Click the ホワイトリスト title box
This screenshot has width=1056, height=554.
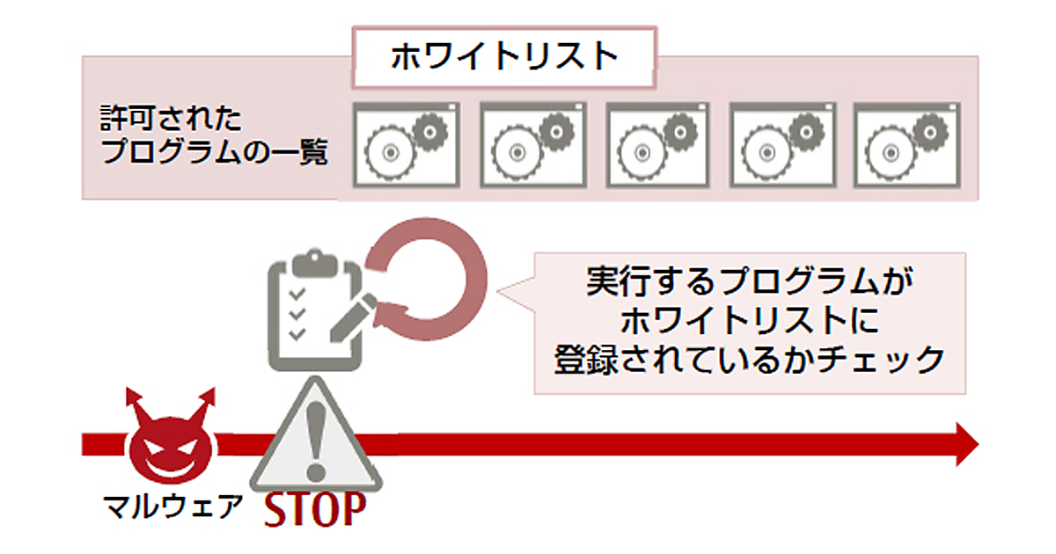click(504, 57)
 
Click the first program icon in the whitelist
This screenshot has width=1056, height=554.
click(406, 144)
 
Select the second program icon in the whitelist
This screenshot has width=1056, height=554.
click(532, 144)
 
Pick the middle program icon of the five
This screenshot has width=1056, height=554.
click(657, 144)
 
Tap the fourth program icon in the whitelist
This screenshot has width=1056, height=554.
click(781, 144)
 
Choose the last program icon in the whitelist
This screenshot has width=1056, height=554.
click(906, 144)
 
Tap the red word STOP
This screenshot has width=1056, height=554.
click(314, 510)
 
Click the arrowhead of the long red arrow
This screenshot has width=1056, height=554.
click(964, 444)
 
